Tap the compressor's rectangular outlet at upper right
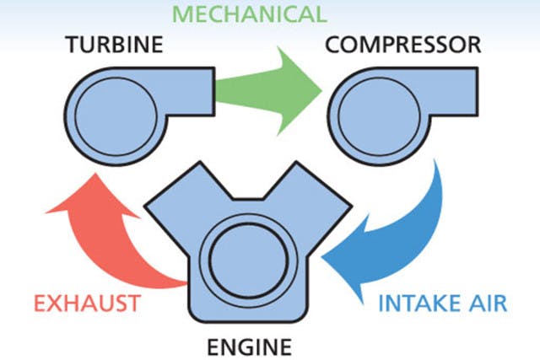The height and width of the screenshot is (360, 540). point(456,85)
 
